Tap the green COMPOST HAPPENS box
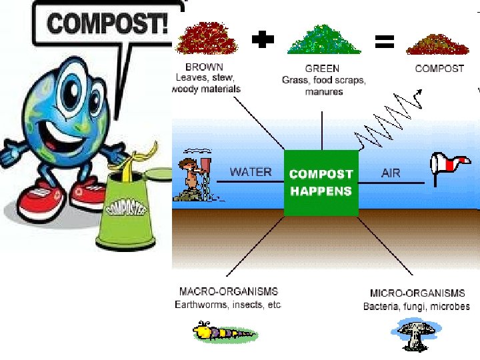click(321, 182)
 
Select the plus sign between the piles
click(263, 41)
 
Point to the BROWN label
click(205, 68)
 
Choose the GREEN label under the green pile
click(322, 68)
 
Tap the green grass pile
click(323, 39)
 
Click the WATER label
click(251, 172)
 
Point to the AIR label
click(391, 173)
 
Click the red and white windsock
click(448, 163)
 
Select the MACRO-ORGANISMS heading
click(229, 292)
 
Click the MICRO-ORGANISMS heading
click(417, 293)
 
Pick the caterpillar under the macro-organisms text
click(223, 331)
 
